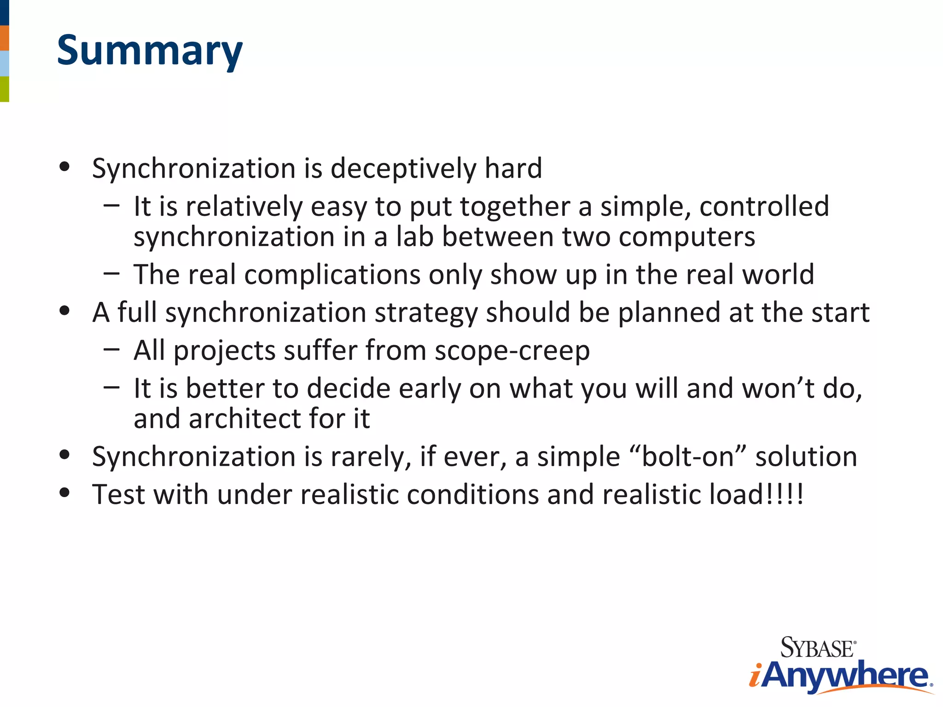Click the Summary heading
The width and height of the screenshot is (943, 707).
pos(150,51)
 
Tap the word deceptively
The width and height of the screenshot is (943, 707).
pos(403,168)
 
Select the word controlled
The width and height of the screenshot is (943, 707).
pos(764,206)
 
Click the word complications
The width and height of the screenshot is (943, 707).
pos(332,275)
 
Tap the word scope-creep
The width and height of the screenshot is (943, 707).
pos(512,351)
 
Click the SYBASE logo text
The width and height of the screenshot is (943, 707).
pos(817,648)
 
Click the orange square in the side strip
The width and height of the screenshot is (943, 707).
pos(4,38)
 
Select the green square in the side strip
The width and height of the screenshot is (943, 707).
pos(4,89)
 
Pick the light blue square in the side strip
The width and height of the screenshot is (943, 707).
pos(4,64)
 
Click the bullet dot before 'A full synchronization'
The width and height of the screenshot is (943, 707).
pos(64,311)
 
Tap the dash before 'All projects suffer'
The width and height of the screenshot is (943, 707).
pos(111,350)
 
